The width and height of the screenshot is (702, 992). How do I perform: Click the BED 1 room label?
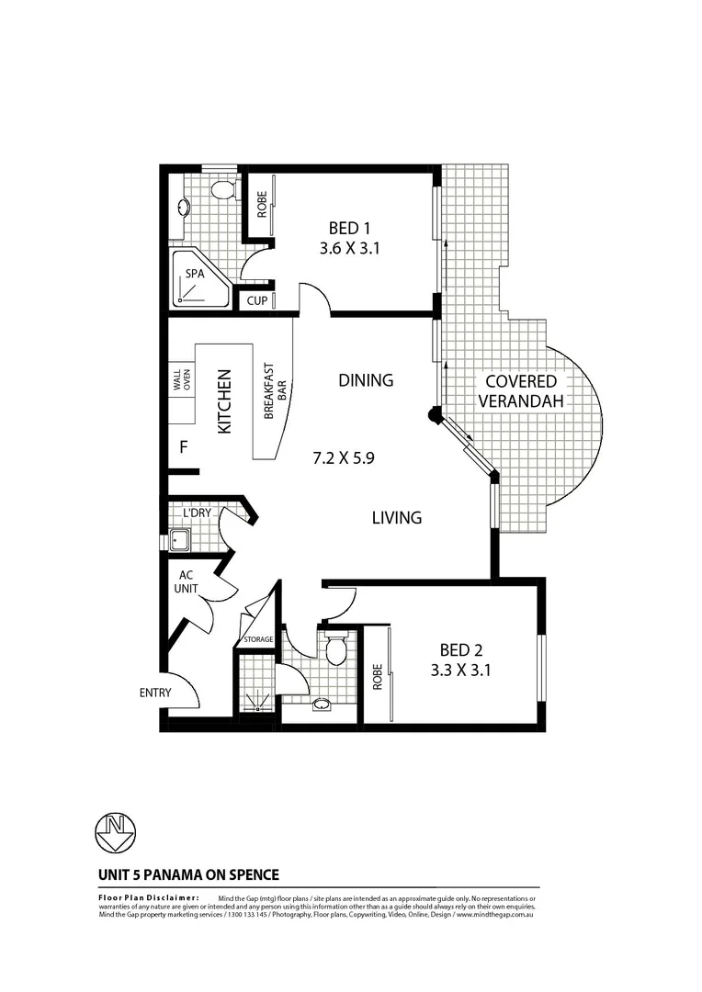pyautogui.click(x=353, y=237)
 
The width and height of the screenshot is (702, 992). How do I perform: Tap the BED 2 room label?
pyautogui.click(x=460, y=659)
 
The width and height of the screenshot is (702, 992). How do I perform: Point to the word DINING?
pyautogui.click(x=365, y=380)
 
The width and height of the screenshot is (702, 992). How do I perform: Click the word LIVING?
pyautogui.click(x=396, y=518)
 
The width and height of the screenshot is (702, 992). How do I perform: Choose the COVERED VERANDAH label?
pyautogui.click(x=521, y=390)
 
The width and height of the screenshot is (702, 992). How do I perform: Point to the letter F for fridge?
pyautogui.click(x=184, y=448)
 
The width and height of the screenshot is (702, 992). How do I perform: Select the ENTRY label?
pyautogui.click(x=155, y=693)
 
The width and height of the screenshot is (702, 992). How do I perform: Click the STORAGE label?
pyautogui.click(x=257, y=639)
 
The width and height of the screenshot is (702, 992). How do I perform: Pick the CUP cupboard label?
pyautogui.click(x=256, y=300)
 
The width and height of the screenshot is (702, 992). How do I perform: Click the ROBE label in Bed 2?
pyautogui.click(x=377, y=677)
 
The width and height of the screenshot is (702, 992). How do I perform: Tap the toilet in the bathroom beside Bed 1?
pyautogui.click(x=221, y=190)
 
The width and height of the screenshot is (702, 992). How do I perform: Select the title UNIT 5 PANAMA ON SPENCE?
pyautogui.click(x=188, y=875)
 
